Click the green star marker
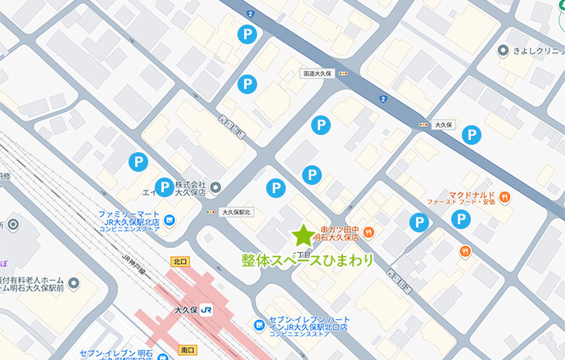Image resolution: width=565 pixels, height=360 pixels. click(x=304, y=236)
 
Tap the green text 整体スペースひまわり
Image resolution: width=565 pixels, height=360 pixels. click(x=307, y=260)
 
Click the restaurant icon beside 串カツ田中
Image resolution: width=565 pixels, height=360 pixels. click(x=369, y=232)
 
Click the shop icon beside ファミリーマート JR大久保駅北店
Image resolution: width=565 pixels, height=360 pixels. click(x=169, y=218)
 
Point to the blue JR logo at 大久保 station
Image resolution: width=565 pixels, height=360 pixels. click(x=208, y=310)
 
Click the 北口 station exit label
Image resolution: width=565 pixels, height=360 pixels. click(x=180, y=261)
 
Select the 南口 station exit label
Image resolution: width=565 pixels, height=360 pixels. click(x=187, y=350)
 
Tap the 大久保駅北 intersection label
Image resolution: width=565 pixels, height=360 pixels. click(x=238, y=212)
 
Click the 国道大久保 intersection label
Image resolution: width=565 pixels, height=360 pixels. click(x=316, y=74)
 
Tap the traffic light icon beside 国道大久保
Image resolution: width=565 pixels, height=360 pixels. click(x=342, y=74)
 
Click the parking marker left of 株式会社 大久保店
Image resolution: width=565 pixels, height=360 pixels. click(x=165, y=187)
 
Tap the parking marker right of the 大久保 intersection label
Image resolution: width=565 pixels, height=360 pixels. click(x=471, y=135)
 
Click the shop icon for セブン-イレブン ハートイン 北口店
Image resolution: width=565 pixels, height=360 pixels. click(x=259, y=326)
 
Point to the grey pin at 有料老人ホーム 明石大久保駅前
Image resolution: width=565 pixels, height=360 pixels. click(x=74, y=284)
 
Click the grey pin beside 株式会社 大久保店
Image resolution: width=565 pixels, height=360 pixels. click(x=215, y=187)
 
